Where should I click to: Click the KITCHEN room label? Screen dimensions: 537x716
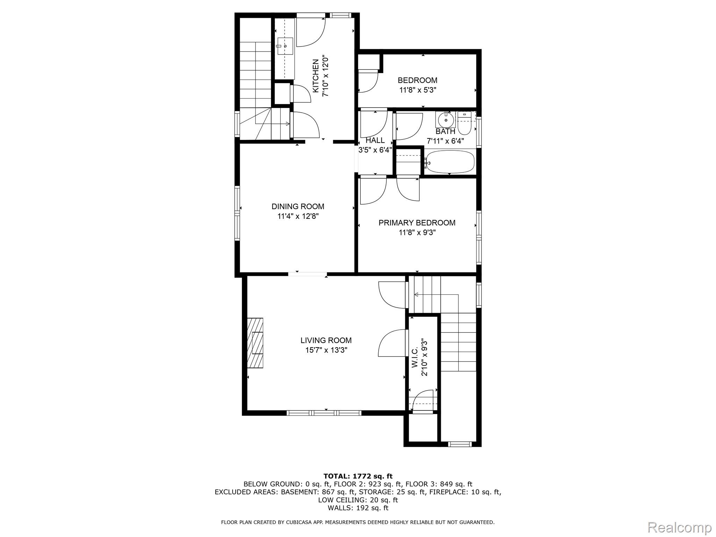tap(316, 76)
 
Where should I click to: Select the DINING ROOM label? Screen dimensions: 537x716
tap(298, 206)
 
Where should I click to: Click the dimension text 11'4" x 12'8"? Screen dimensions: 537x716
tap(298, 216)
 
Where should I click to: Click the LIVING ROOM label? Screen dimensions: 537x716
tap(326, 340)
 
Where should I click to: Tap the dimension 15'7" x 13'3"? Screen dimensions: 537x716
tap(326, 350)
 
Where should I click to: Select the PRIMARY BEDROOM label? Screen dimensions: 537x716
tap(417, 223)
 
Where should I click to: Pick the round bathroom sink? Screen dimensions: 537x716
tap(446, 120)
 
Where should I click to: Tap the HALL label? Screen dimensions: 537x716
tap(375, 140)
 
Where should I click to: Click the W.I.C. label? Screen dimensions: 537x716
tap(415, 357)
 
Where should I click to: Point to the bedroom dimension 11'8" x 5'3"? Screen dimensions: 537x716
tap(417, 90)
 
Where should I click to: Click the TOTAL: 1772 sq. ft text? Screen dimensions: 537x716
tap(358, 476)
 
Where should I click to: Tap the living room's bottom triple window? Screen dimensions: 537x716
tap(324, 413)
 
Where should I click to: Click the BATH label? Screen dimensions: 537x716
tap(445, 131)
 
